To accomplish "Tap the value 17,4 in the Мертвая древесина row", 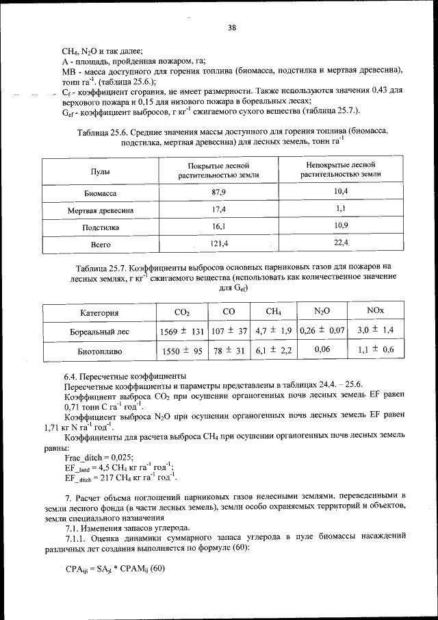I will (218, 208).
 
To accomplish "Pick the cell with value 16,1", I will (218, 225).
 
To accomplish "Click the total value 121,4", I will (218, 243).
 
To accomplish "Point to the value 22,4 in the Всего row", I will (341, 243).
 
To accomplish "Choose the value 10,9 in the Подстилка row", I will (341, 225).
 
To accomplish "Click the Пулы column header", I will (100, 171).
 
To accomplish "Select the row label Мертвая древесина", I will (101, 210).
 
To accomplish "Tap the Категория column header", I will (99, 312).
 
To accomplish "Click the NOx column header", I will (375, 311).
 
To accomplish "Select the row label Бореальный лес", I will (99, 332).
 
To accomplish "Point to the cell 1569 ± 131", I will (182, 332).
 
